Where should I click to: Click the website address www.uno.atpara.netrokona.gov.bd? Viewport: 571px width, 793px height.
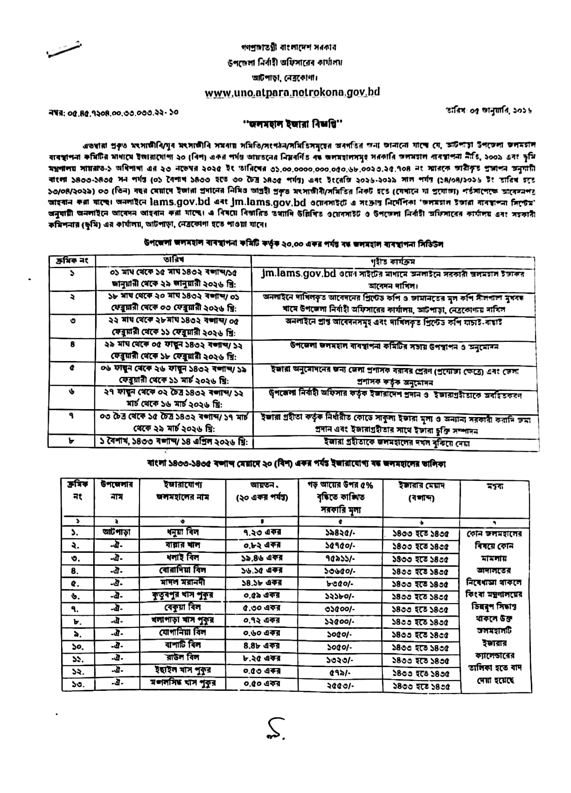point(292,92)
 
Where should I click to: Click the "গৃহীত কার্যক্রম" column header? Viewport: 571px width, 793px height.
point(396,261)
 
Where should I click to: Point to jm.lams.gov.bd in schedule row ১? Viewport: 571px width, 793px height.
point(299,273)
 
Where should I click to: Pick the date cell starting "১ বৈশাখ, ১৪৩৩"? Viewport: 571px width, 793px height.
point(174,442)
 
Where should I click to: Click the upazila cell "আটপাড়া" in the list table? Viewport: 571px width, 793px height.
point(117,532)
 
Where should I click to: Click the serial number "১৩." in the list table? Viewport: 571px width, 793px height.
point(77,684)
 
